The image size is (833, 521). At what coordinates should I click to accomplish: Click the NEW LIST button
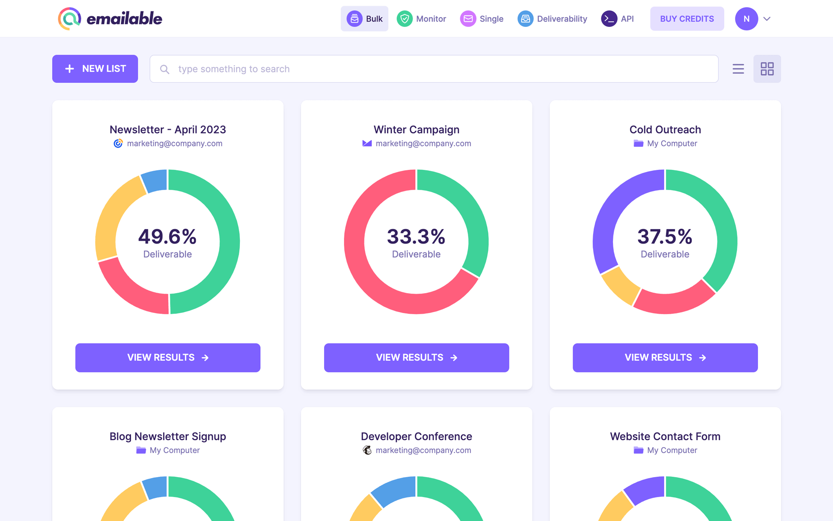point(95,69)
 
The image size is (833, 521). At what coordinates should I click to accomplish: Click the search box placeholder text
point(233,69)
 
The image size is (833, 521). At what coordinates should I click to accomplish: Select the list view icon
point(738,69)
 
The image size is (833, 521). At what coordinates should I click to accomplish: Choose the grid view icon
point(767,69)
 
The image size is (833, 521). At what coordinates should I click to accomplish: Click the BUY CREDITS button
point(686,19)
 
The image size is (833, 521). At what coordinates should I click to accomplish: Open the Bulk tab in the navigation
point(364,19)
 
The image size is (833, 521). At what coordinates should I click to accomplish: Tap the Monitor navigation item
point(421,19)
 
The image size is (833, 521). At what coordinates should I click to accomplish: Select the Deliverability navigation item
point(552,19)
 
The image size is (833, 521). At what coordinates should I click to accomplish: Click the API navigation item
point(617,19)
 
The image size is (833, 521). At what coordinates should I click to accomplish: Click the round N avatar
point(746,19)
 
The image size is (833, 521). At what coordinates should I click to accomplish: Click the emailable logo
point(110,19)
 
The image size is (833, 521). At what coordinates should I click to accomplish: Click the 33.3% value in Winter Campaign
point(416,237)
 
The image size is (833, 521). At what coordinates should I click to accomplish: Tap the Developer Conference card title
point(416,436)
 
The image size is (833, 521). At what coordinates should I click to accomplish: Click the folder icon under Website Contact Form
point(638,450)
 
